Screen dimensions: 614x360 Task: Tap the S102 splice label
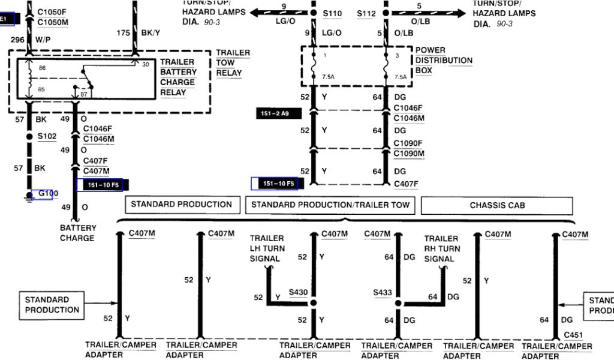tap(47, 136)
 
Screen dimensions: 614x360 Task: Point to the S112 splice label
tap(366, 13)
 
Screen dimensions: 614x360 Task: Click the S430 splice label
tap(297, 293)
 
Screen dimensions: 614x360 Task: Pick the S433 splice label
tap(382, 293)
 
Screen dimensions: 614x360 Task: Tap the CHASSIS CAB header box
tap(497, 205)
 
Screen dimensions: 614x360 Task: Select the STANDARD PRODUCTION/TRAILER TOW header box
tap(330, 205)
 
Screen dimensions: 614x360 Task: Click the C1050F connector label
tap(53, 12)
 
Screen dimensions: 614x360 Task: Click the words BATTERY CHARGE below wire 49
tap(77, 233)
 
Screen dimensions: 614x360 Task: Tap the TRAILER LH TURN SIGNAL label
tap(267, 248)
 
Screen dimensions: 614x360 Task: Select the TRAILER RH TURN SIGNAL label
tap(442, 248)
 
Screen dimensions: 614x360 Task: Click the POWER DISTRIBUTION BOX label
tap(444, 61)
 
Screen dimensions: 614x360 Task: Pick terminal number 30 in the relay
tap(145, 64)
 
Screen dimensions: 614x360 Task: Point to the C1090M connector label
tap(408, 153)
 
